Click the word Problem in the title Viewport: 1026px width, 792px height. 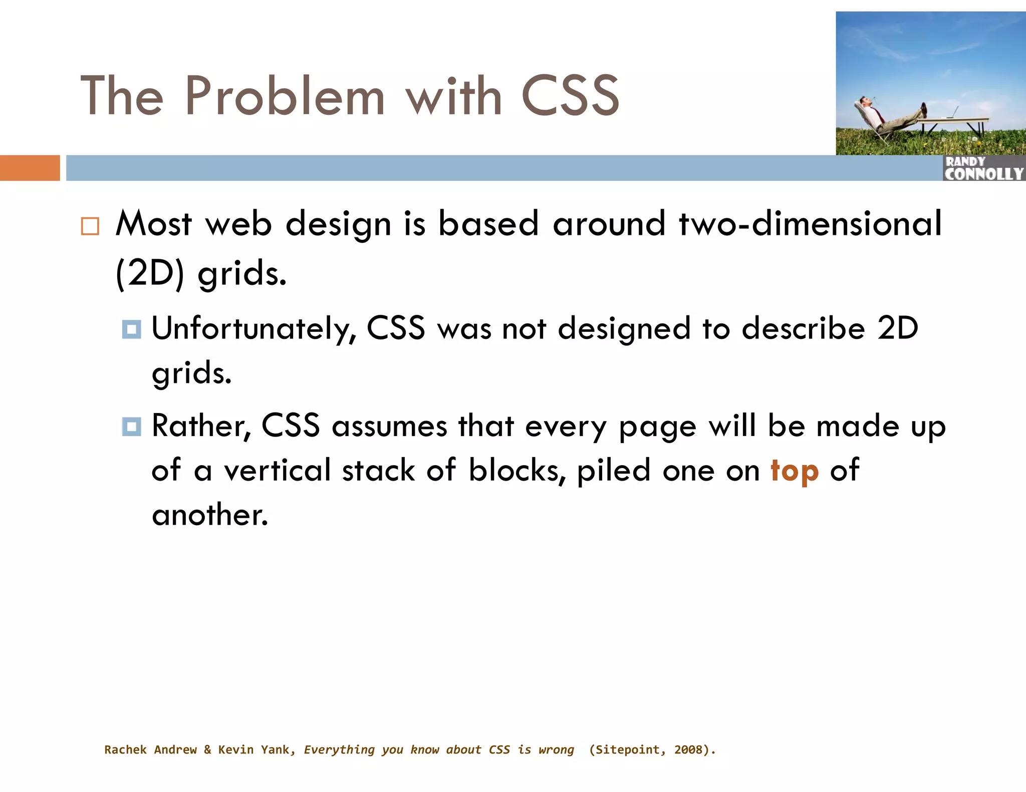(284, 96)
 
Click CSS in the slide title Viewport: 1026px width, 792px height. (570, 96)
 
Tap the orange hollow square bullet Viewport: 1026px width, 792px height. (90, 226)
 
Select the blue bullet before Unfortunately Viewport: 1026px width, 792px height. (131, 329)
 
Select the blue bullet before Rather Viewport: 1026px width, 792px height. (131, 427)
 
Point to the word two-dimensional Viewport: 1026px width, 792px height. (810, 224)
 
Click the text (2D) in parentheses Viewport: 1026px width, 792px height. (150, 274)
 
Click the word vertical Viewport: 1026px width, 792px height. (277, 471)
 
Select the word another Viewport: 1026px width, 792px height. (209, 515)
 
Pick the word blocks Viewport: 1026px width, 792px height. (517, 471)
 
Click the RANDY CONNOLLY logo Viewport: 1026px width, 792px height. (983, 168)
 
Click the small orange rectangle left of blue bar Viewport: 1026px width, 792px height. (30, 168)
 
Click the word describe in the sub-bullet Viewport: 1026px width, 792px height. (803, 329)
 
